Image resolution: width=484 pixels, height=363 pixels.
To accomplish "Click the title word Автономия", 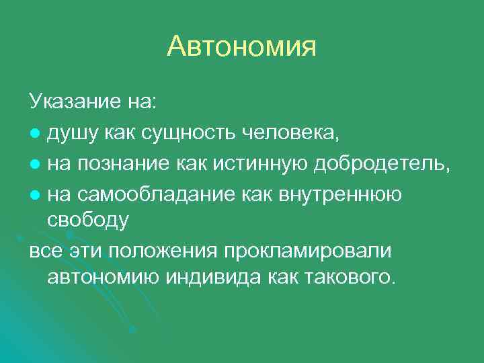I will (241, 46).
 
